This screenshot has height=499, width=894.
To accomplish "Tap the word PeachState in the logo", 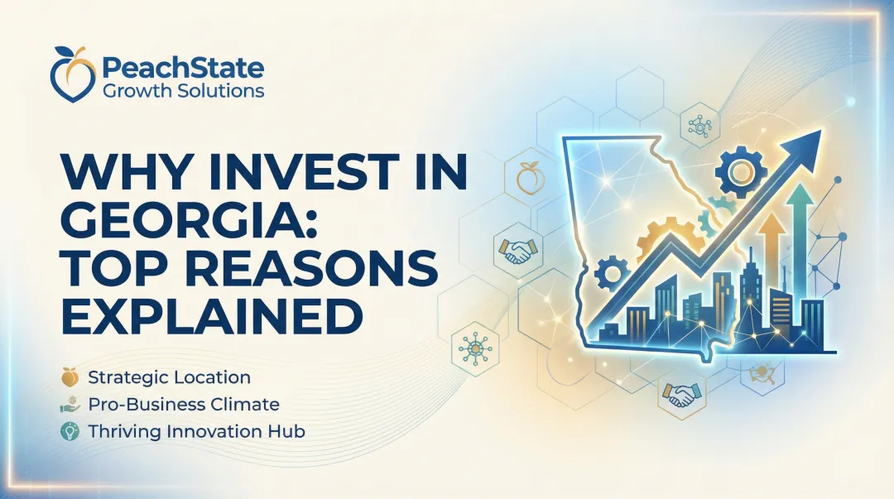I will point(182,65).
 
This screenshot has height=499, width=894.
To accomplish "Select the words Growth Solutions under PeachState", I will point(184,89).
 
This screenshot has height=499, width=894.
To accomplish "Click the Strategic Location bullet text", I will point(169,377).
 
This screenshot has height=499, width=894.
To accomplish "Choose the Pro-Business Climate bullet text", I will point(183,405).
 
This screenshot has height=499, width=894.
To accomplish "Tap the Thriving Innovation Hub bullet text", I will point(196,431).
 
